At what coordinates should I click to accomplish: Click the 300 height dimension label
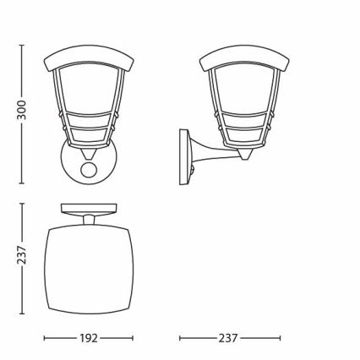click(x=21, y=110)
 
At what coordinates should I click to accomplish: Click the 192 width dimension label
click(x=89, y=338)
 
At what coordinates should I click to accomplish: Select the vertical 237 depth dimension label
click(x=21, y=255)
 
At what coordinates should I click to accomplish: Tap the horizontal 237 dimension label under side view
click(x=228, y=338)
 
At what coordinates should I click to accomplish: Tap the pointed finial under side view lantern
click(x=244, y=155)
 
